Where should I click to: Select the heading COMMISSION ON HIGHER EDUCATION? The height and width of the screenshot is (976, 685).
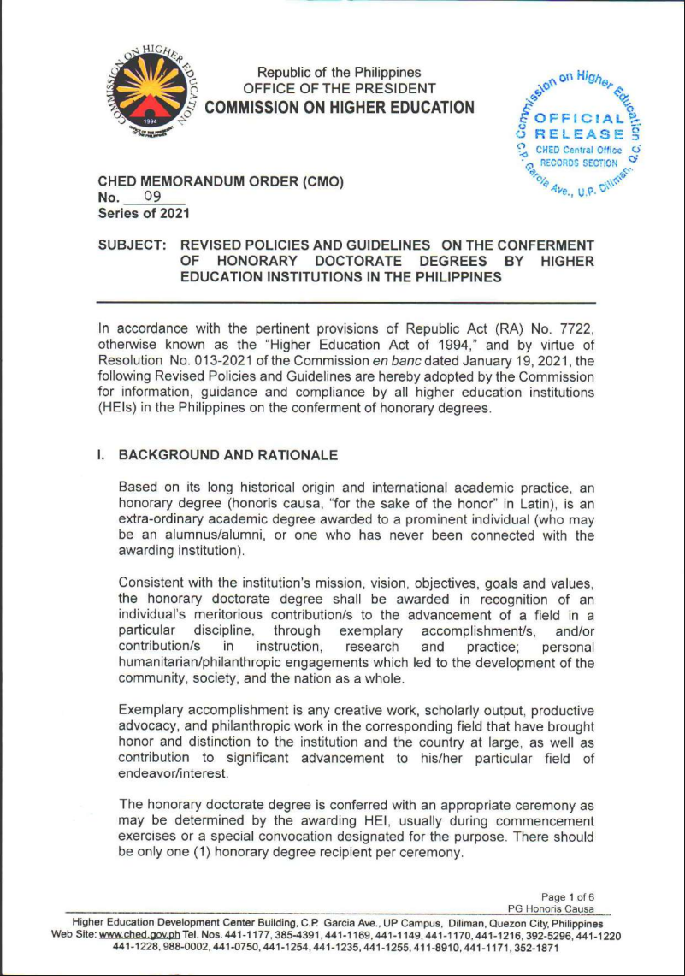[340, 107]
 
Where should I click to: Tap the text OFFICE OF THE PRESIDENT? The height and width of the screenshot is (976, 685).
[340, 88]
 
